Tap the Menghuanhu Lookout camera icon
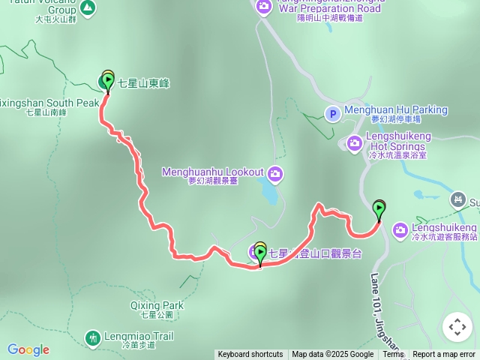[275, 173]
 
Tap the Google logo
[28, 349]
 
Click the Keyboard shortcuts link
[250, 355]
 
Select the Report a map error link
[444, 355]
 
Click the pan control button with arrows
[457, 327]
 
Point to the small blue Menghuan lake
[268, 193]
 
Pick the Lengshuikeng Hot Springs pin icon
[354, 142]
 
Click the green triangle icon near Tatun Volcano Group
[88, 8]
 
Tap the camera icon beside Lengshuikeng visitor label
[400, 229]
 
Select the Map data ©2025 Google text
[332, 355]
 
